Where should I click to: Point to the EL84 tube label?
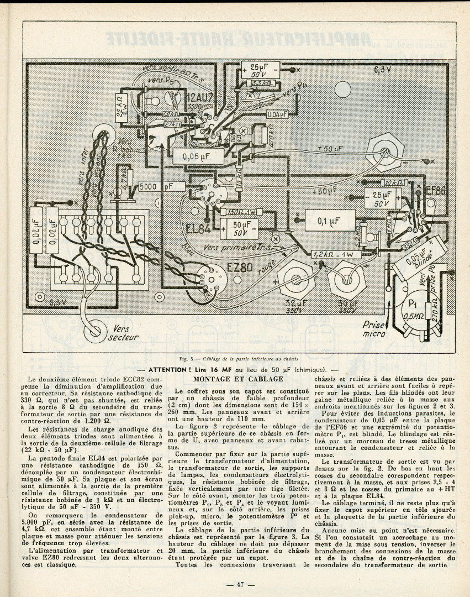click(x=198, y=228)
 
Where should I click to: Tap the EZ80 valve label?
click(x=240, y=267)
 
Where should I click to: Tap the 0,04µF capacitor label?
click(x=277, y=114)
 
